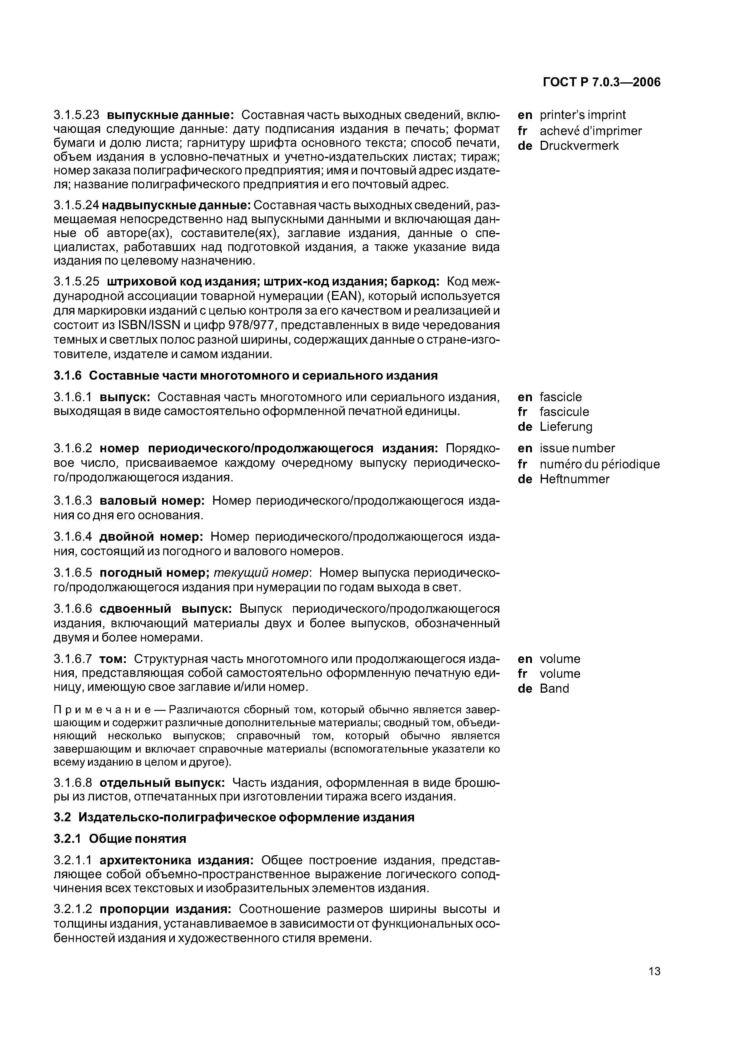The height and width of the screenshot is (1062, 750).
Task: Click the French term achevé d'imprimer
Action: pos(591,131)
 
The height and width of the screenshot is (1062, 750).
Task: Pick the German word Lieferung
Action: pos(566,427)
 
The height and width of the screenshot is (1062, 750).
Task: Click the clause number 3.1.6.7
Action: pos(73,659)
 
